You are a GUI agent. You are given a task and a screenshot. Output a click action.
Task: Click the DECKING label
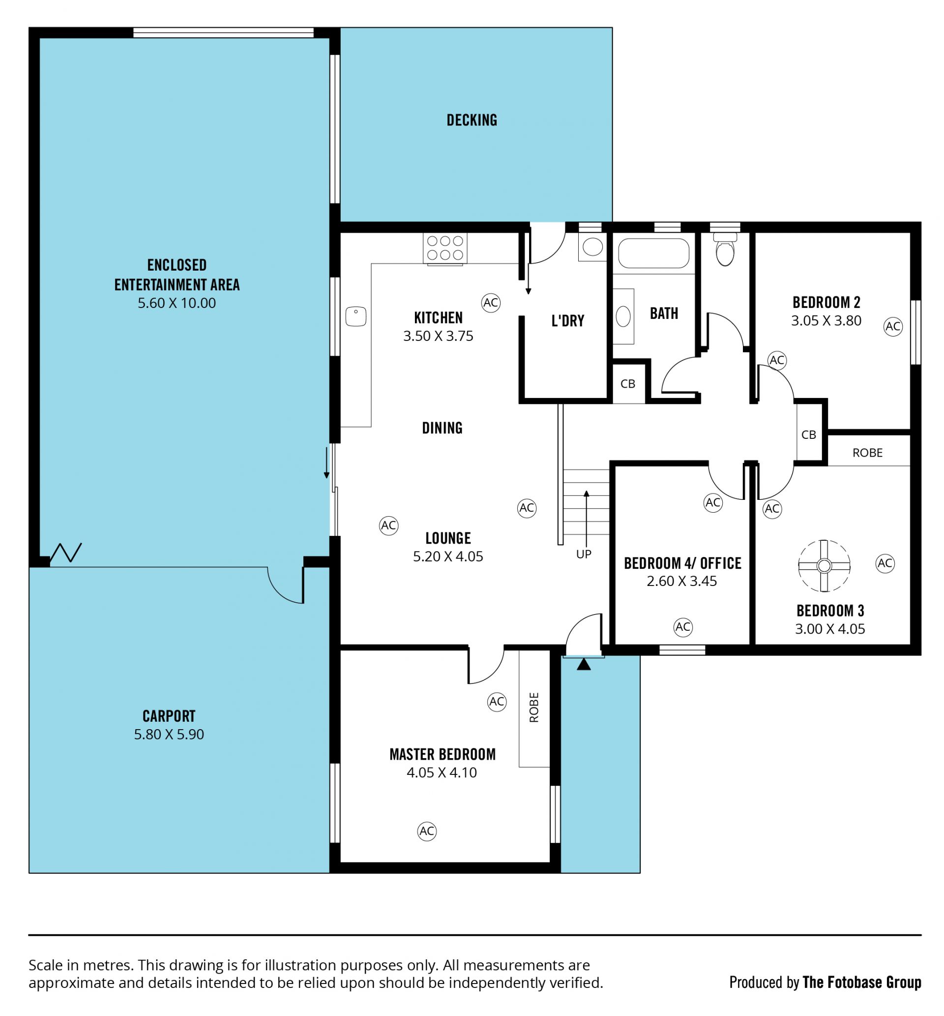[x=472, y=120]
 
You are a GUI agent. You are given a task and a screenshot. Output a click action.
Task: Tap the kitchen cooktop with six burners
[x=445, y=248]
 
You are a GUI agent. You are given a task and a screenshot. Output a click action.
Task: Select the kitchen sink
[x=355, y=316]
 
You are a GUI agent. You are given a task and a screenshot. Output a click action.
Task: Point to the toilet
[x=725, y=249]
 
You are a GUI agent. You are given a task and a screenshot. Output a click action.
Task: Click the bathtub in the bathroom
[x=653, y=253]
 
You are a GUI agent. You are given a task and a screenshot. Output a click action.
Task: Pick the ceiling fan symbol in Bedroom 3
[x=824, y=566]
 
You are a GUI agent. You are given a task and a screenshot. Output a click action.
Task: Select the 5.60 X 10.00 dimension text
[x=177, y=303]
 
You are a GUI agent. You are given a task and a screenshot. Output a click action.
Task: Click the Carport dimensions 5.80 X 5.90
[x=169, y=735]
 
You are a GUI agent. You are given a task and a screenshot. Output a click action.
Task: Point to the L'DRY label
[x=567, y=321]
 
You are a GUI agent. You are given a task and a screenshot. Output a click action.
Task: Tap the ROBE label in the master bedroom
[x=534, y=708]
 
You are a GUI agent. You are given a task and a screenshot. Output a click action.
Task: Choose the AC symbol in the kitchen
[x=490, y=303]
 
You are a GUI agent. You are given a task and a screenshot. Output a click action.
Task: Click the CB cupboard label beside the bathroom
[x=628, y=384]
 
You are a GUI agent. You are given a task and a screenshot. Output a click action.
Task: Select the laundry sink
[x=592, y=247]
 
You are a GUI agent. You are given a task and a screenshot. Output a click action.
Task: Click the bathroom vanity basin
[x=623, y=316]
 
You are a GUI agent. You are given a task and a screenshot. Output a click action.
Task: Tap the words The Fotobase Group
[x=862, y=982]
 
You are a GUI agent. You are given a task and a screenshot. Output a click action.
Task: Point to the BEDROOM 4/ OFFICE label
[x=682, y=563]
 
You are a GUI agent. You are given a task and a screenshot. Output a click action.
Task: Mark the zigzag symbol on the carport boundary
[x=66, y=553]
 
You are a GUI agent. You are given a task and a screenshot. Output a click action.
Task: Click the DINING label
[x=442, y=428]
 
